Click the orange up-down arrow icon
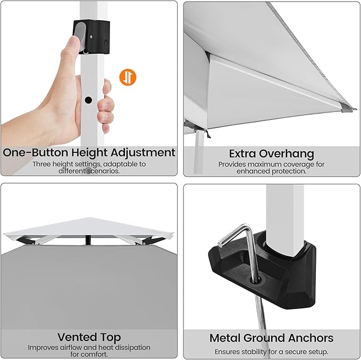click(128, 77)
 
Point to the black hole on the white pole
click(88, 100)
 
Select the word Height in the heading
click(89, 153)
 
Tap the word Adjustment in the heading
click(143, 152)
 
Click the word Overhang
click(287, 154)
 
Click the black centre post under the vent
click(88, 240)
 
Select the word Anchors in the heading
click(310, 338)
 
